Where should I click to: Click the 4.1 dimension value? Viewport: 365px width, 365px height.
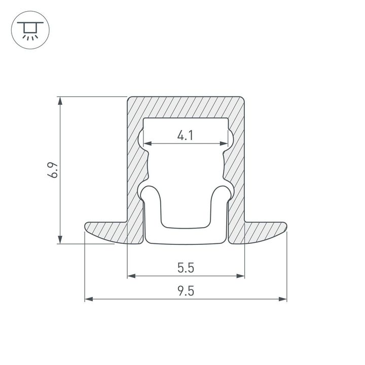[x=186, y=135]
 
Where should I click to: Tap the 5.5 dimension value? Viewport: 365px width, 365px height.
[x=186, y=267]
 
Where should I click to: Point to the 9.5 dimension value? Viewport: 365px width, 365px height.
[x=186, y=291]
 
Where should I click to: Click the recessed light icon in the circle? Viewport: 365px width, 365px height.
[x=30, y=30]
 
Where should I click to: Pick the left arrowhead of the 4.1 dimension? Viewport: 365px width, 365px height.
[x=147, y=144]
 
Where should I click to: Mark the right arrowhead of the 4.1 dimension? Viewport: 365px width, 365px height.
[x=224, y=144]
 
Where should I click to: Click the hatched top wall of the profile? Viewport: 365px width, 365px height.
[x=186, y=107]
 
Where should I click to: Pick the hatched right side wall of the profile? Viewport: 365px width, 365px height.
[x=237, y=167]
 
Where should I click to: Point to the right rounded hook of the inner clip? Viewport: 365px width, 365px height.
[x=221, y=192]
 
